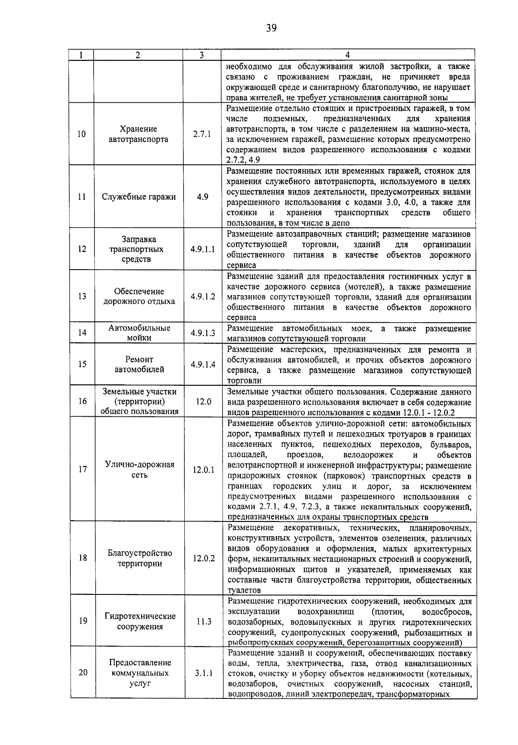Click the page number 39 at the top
click(271, 28)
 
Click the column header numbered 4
click(347, 55)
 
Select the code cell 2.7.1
click(202, 134)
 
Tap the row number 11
click(82, 197)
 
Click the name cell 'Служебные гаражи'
click(139, 197)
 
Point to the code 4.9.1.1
click(202, 249)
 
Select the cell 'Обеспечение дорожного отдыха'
click(139, 296)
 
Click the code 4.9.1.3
click(202, 333)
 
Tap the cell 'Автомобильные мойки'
click(139, 333)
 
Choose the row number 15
click(82, 364)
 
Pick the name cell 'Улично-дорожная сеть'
click(139, 470)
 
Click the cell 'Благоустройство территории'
click(139, 558)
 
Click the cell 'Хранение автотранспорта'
click(139, 134)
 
